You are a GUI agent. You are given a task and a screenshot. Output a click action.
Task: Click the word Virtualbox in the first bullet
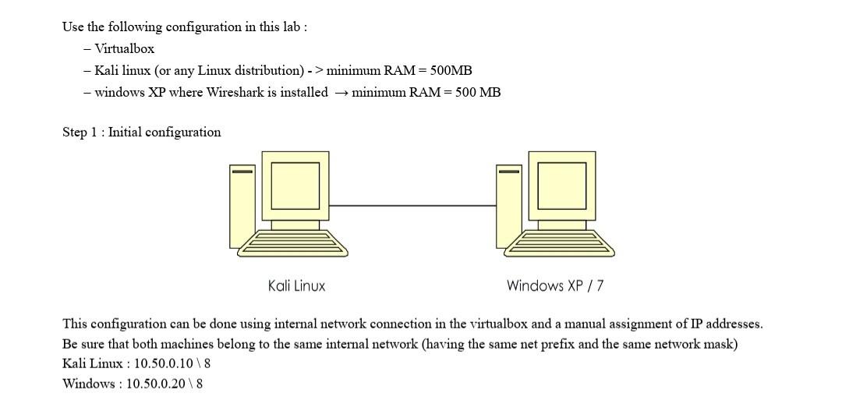pyautogui.click(x=124, y=48)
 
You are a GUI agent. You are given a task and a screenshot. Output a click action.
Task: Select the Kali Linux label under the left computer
pyautogui.click(x=296, y=285)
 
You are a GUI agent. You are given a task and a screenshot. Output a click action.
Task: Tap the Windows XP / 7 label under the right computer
pyautogui.click(x=554, y=285)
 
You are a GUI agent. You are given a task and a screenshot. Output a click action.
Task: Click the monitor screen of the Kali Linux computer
pyautogui.click(x=295, y=186)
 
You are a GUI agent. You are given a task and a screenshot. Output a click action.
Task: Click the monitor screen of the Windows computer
pyautogui.click(x=561, y=186)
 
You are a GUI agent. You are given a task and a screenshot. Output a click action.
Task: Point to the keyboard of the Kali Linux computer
pyautogui.click(x=293, y=243)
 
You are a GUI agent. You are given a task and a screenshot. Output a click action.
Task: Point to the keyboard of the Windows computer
pyautogui.click(x=560, y=243)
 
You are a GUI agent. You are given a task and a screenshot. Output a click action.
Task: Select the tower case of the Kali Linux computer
pyautogui.click(x=242, y=204)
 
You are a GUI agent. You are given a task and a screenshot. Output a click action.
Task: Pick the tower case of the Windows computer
pyautogui.click(x=509, y=204)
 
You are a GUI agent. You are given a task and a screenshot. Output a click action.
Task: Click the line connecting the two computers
pyautogui.click(x=412, y=206)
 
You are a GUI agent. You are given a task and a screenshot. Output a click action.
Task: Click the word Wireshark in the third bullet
pyautogui.click(x=237, y=92)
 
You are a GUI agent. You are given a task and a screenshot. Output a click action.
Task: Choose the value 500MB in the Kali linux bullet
pyautogui.click(x=451, y=70)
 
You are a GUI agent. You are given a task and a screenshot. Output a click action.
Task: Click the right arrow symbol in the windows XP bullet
pyautogui.click(x=341, y=93)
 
